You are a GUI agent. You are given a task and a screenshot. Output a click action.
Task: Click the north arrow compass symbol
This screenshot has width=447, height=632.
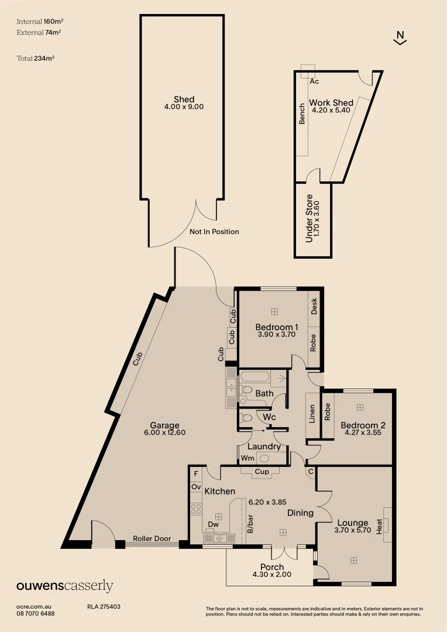point(400,37)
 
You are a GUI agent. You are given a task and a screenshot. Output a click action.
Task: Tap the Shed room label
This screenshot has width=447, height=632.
point(184,99)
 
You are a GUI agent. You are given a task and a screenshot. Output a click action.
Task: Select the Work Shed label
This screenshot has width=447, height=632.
point(331,103)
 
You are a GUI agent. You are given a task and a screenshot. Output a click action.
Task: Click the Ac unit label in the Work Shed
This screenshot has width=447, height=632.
point(314,81)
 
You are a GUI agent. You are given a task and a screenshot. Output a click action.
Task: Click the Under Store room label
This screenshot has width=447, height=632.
point(310,218)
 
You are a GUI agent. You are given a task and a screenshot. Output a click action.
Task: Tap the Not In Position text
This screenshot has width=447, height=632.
point(214,232)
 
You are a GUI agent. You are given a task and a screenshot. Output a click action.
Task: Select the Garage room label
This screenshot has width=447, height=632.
point(164,425)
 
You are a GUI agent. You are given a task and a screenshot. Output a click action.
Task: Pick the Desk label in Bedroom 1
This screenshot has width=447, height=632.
point(314,306)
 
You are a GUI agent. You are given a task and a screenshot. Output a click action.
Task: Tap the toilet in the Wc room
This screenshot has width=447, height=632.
point(246,418)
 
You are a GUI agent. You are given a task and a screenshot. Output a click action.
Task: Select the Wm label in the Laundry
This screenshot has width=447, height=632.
point(247,458)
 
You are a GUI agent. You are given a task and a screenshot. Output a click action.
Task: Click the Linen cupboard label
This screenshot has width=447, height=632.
point(312,413)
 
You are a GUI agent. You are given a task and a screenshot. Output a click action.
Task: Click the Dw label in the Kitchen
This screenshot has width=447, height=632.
point(214,525)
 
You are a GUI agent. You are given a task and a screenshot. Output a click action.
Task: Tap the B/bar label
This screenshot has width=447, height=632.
point(250,524)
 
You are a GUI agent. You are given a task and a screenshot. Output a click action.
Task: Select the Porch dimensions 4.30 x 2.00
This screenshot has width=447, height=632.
point(271,575)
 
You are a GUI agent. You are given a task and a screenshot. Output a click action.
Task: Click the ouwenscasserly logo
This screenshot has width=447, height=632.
point(64,586)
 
